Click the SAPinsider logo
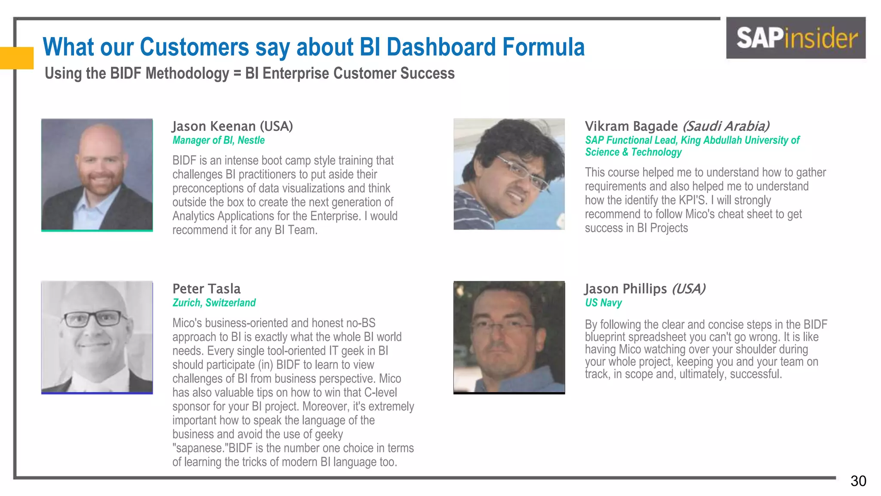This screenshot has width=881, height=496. (796, 38)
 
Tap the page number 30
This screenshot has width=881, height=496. (858, 481)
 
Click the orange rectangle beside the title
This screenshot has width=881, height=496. (16, 58)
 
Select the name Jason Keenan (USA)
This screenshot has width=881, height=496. (232, 126)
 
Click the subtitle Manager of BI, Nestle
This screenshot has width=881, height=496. (219, 140)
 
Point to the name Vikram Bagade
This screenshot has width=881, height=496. (631, 126)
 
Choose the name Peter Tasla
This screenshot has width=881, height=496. (206, 288)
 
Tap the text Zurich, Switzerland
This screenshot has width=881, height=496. (214, 303)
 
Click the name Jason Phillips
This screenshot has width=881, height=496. (625, 288)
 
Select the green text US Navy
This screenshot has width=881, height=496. (603, 303)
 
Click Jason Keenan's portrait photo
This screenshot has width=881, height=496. (97, 174)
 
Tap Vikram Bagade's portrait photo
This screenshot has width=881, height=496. (509, 174)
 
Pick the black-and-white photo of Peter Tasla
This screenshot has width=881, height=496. (97, 337)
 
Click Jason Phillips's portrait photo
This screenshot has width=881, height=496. (509, 337)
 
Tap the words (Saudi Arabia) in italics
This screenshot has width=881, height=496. (726, 126)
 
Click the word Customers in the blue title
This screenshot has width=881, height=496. (194, 47)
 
